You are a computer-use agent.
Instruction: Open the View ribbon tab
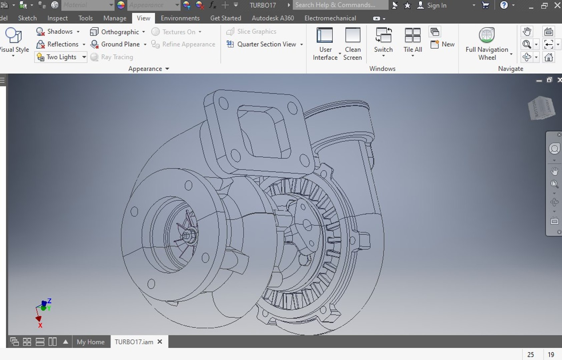pyautogui.click(x=143, y=18)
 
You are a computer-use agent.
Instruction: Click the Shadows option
pyautogui.click(x=59, y=31)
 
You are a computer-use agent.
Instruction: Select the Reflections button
pyautogui.click(x=62, y=44)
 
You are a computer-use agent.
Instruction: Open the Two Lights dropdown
pyautogui.click(x=84, y=57)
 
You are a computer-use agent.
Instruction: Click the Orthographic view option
pyautogui.click(x=119, y=32)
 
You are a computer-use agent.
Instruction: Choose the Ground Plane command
pyautogui.click(x=120, y=44)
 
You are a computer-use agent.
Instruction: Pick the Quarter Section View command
pyautogui.click(x=266, y=44)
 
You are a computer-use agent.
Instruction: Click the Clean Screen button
pyautogui.click(x=353, y=43)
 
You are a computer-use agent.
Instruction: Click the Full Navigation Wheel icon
pyautogui.click(x=487, y=35)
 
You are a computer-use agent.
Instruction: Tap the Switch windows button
pyautogui.click(x=383, y=40)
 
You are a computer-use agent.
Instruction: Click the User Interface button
pyautogui.click(x=325, y=43)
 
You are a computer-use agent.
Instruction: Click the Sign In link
pyautogui.click(x=436, y=5)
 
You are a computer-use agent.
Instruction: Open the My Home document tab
pyautogui.click(x=90, y=342)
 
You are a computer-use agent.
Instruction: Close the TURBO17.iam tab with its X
pyautogui.click(x=160, y=342)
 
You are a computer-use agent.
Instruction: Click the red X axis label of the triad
pyautogui.click(x=40, y=325)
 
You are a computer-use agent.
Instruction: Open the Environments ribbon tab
pyautogui.click(x=180, y=18)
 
